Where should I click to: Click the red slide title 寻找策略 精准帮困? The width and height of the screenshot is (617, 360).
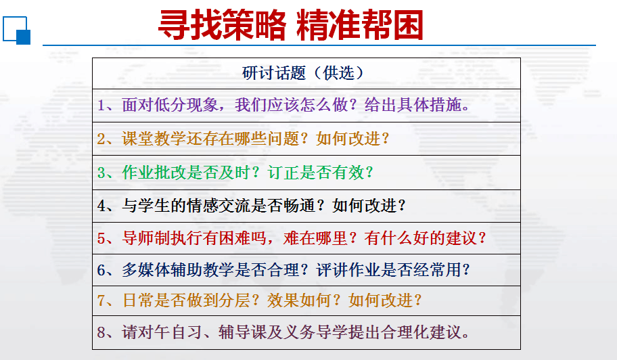[290, 25]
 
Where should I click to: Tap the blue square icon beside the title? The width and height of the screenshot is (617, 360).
[16, 30]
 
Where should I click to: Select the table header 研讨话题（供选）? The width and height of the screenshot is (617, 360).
[302, 73]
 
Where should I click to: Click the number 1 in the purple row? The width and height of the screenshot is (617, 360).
[101, 106]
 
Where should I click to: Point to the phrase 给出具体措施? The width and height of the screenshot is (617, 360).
[413, 105]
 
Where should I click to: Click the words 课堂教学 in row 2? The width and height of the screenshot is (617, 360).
[154, 139]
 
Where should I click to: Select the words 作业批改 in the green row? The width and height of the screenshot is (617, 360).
[154, 173]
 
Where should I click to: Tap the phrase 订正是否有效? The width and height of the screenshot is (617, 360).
[315, 173]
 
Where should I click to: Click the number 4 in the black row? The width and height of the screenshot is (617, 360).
[101, 206]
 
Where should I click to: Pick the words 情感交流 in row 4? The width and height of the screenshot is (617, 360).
[219, 206]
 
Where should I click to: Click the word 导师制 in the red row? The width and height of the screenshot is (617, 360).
[146, 238]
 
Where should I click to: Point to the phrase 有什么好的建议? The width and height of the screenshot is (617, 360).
[421, 238]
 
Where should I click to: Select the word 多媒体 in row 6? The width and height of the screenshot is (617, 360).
[146, 270]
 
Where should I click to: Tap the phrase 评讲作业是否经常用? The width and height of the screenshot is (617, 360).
[388, 270]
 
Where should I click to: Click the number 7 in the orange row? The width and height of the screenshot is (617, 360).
[101, 301]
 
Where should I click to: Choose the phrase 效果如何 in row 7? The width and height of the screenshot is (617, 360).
[300, 300]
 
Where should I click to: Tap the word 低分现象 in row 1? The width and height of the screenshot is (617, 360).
[186, 105]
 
